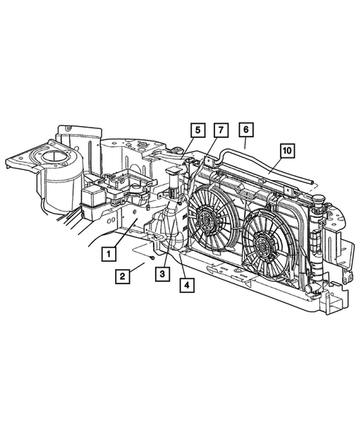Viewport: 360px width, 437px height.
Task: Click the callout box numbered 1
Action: (109, 254)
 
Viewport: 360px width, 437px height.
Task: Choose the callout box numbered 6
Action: (246, 129)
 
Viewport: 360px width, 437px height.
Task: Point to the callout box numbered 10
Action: (287, 149)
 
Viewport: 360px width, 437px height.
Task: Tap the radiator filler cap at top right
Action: (323, 201)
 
